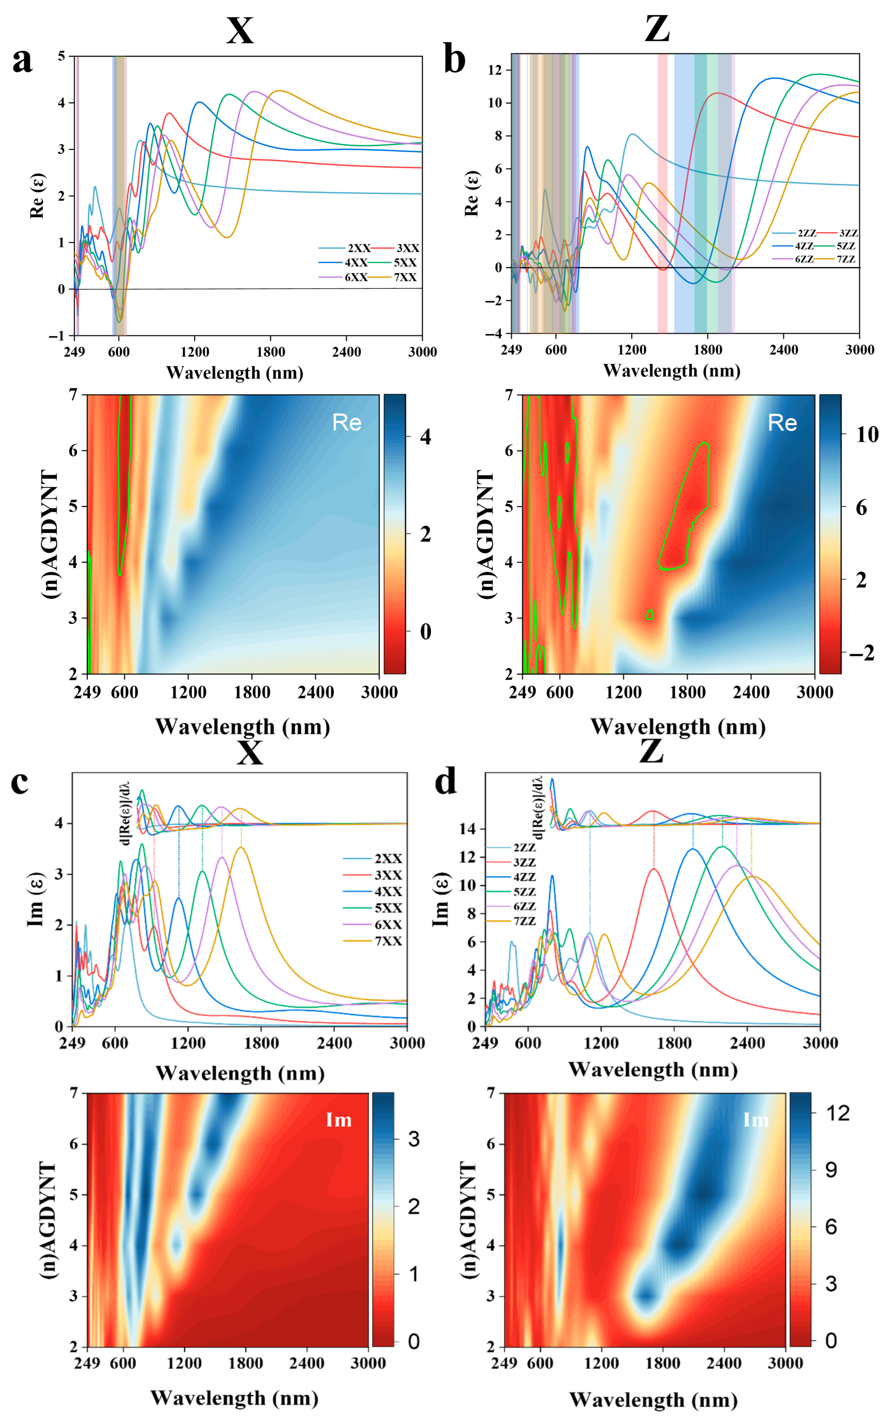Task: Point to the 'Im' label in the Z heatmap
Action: [x=756, y=1120]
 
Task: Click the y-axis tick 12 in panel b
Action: [x=494, y=70]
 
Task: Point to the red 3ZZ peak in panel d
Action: [x=653, y=869]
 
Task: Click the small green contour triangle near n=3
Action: [x=649, y=615]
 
